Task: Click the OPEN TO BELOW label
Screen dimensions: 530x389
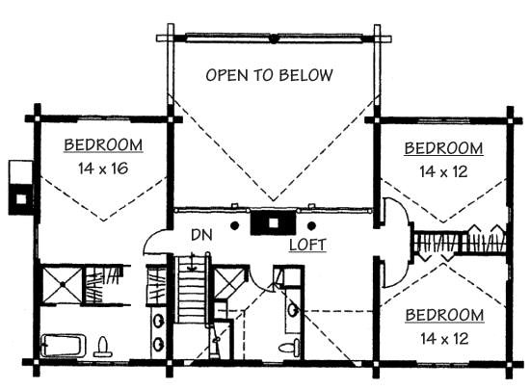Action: click(x=270, y=75)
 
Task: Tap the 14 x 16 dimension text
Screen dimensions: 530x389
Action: click(x=103, y=169)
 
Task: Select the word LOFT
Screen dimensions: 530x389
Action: click(x=307, y=245)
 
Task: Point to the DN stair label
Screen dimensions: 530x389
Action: click(x=201, y=235)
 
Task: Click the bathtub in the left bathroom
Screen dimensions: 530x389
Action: click(x=63, y=345)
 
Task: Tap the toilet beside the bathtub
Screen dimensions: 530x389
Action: click(x=103, y=347)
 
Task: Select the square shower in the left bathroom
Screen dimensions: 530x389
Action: click(x=63, y=285)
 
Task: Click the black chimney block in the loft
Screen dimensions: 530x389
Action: click(x=273, y=222)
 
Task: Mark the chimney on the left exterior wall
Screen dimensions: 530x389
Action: click(x=21, y=188)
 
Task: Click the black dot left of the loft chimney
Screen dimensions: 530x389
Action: click(x=234, y=225)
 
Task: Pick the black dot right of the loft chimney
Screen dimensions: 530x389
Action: click(x=311, y=225)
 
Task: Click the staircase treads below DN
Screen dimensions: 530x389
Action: click(x=192, y=290)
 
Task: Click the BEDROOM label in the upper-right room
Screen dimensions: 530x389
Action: click(x=443, y=148)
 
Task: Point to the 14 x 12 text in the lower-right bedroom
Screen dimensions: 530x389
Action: click(x=444, y=338)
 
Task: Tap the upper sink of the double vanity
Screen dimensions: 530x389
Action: click(x=158, y=321)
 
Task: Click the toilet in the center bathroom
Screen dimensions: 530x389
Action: click(x=290, y=347)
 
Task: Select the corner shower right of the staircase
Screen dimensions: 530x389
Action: click(x=229, y=283)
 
